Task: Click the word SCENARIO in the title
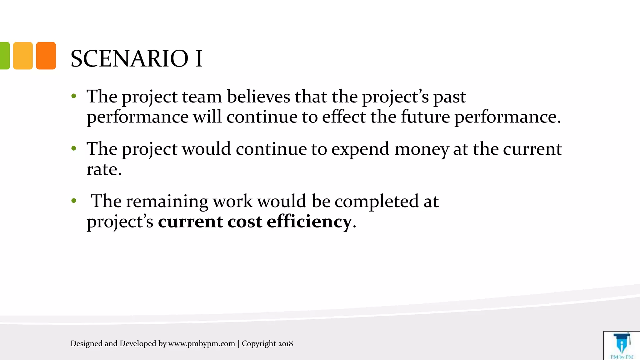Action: tap(129, 59)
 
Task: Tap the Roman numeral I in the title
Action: tap(199, 59)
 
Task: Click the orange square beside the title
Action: tap(46, 56)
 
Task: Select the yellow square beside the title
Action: tap(23, 56)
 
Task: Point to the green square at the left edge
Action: tap(4, 56)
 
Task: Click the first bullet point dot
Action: tap(74, 96)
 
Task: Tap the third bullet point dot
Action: tap(74, 201)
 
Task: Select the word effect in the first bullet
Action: tap(344, 117)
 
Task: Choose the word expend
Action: tap(360, 149)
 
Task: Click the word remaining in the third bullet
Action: tap(167, 201)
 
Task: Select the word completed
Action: tap(377, 201)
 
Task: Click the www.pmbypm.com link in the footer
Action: tap(202, 344)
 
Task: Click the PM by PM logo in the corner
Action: tap(622, 346)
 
